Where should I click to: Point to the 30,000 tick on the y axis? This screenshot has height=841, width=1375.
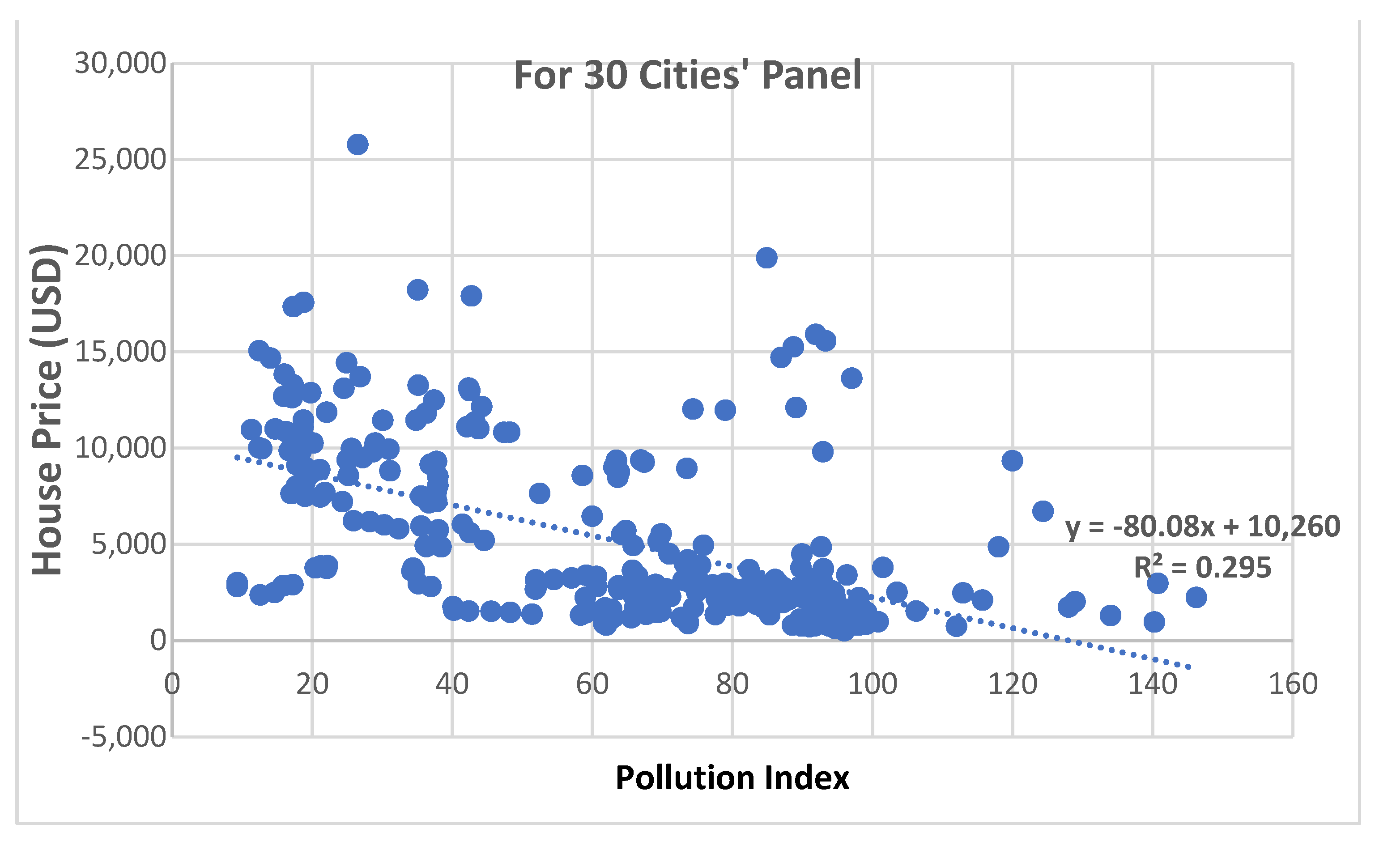coord(120,63)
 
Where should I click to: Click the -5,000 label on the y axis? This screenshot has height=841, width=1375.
coord(123,737)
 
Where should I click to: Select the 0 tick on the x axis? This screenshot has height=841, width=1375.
coord(172,684)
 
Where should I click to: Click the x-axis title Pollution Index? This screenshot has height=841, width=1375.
coord(732,778)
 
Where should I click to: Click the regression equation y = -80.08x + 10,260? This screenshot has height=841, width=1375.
coord(1203,526)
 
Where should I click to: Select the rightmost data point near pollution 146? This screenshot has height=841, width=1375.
coord(1196,598)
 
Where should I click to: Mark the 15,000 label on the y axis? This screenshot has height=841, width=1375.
coord(120,352)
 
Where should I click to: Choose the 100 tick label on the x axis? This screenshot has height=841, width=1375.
coord(872,684)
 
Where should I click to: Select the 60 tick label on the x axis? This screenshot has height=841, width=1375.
coord(592,684)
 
